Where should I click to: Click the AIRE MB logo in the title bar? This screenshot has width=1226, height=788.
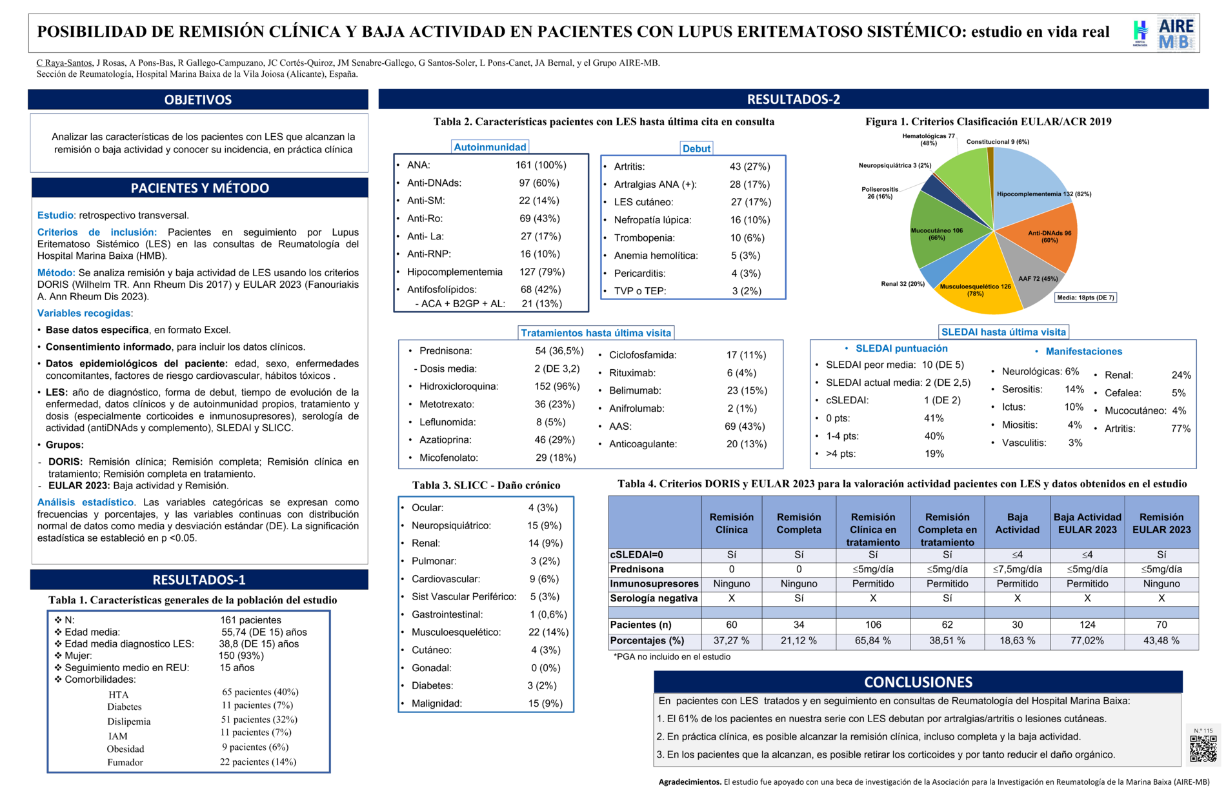[x=1176, y=34]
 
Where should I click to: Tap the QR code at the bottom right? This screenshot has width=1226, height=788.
[x=1203, y=749]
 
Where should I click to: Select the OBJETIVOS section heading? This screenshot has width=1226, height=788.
[x=198, y=99]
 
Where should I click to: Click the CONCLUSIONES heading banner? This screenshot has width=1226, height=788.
[x=918, y=682]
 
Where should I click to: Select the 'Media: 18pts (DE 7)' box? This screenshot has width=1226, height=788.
[x=1085, y=298]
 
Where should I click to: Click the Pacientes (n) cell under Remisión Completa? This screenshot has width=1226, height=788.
[x=799, y=625]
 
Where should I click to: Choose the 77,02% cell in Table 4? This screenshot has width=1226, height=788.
[x=1087, y=641]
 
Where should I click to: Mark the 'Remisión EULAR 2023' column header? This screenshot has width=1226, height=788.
[x=1161, y=523]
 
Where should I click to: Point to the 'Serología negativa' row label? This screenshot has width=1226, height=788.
[x=654, y=598]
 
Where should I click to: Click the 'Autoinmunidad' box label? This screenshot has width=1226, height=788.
[x=490, y=147]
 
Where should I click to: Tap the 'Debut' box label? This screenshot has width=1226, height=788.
[x=696, y=148]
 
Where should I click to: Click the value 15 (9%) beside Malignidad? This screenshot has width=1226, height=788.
[x=545, y=703]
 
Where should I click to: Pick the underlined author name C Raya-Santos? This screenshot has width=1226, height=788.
[x=64, y=63]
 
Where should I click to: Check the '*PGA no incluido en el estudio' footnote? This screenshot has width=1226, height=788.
[x=672, y=657]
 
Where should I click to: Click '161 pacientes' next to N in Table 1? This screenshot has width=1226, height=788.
[x=250, y=620]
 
